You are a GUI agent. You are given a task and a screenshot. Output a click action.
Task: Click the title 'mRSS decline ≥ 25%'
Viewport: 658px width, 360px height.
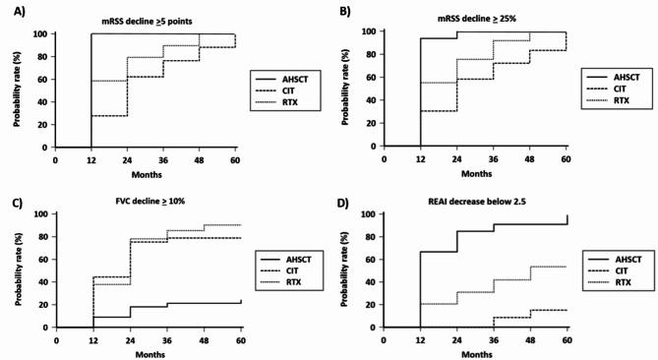[477, 19]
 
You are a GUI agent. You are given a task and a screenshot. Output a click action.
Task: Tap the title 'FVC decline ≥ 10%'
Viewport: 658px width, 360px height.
[145, 201]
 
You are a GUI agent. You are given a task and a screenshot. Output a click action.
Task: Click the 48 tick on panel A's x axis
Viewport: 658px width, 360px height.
[200, 156]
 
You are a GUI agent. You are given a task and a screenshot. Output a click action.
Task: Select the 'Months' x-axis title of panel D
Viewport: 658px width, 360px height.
[478, 350]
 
